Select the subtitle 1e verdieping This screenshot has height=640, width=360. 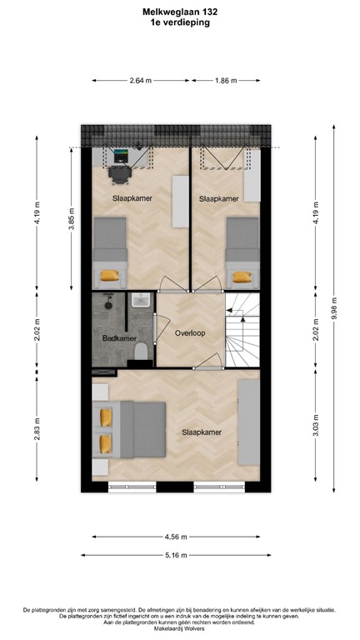pyautogui.click(x=181, y=23)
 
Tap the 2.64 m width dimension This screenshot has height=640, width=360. pyautogui.click(x=141, y=81)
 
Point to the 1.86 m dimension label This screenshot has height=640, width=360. pyautogui.click(x=225, y=81)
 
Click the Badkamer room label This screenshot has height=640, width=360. pyautogui.click(x=114, y=338)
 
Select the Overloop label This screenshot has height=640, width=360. pyautogui.click(x=189, y=332)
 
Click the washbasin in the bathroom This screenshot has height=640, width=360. pyautogui.click(x=139, y=302)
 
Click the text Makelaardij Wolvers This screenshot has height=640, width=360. pyautogui.click(x=180, y=628)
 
